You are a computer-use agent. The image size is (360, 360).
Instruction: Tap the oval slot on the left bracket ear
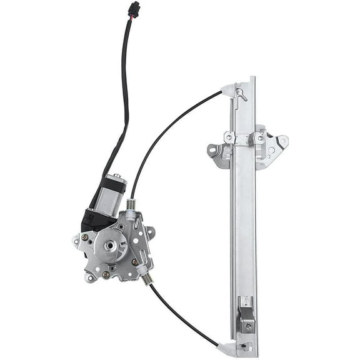click(x=212, y=151)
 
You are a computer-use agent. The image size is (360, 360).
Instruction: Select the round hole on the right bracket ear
click(x=282, y=141)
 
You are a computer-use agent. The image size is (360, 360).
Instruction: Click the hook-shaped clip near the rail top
click(x=241, y=94)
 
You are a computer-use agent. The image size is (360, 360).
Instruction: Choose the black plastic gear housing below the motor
click(x=94, y=219)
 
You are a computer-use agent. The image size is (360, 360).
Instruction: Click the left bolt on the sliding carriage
click(x=229, y=137)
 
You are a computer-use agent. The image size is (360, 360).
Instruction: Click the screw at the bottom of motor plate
click(x=106, y=274)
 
